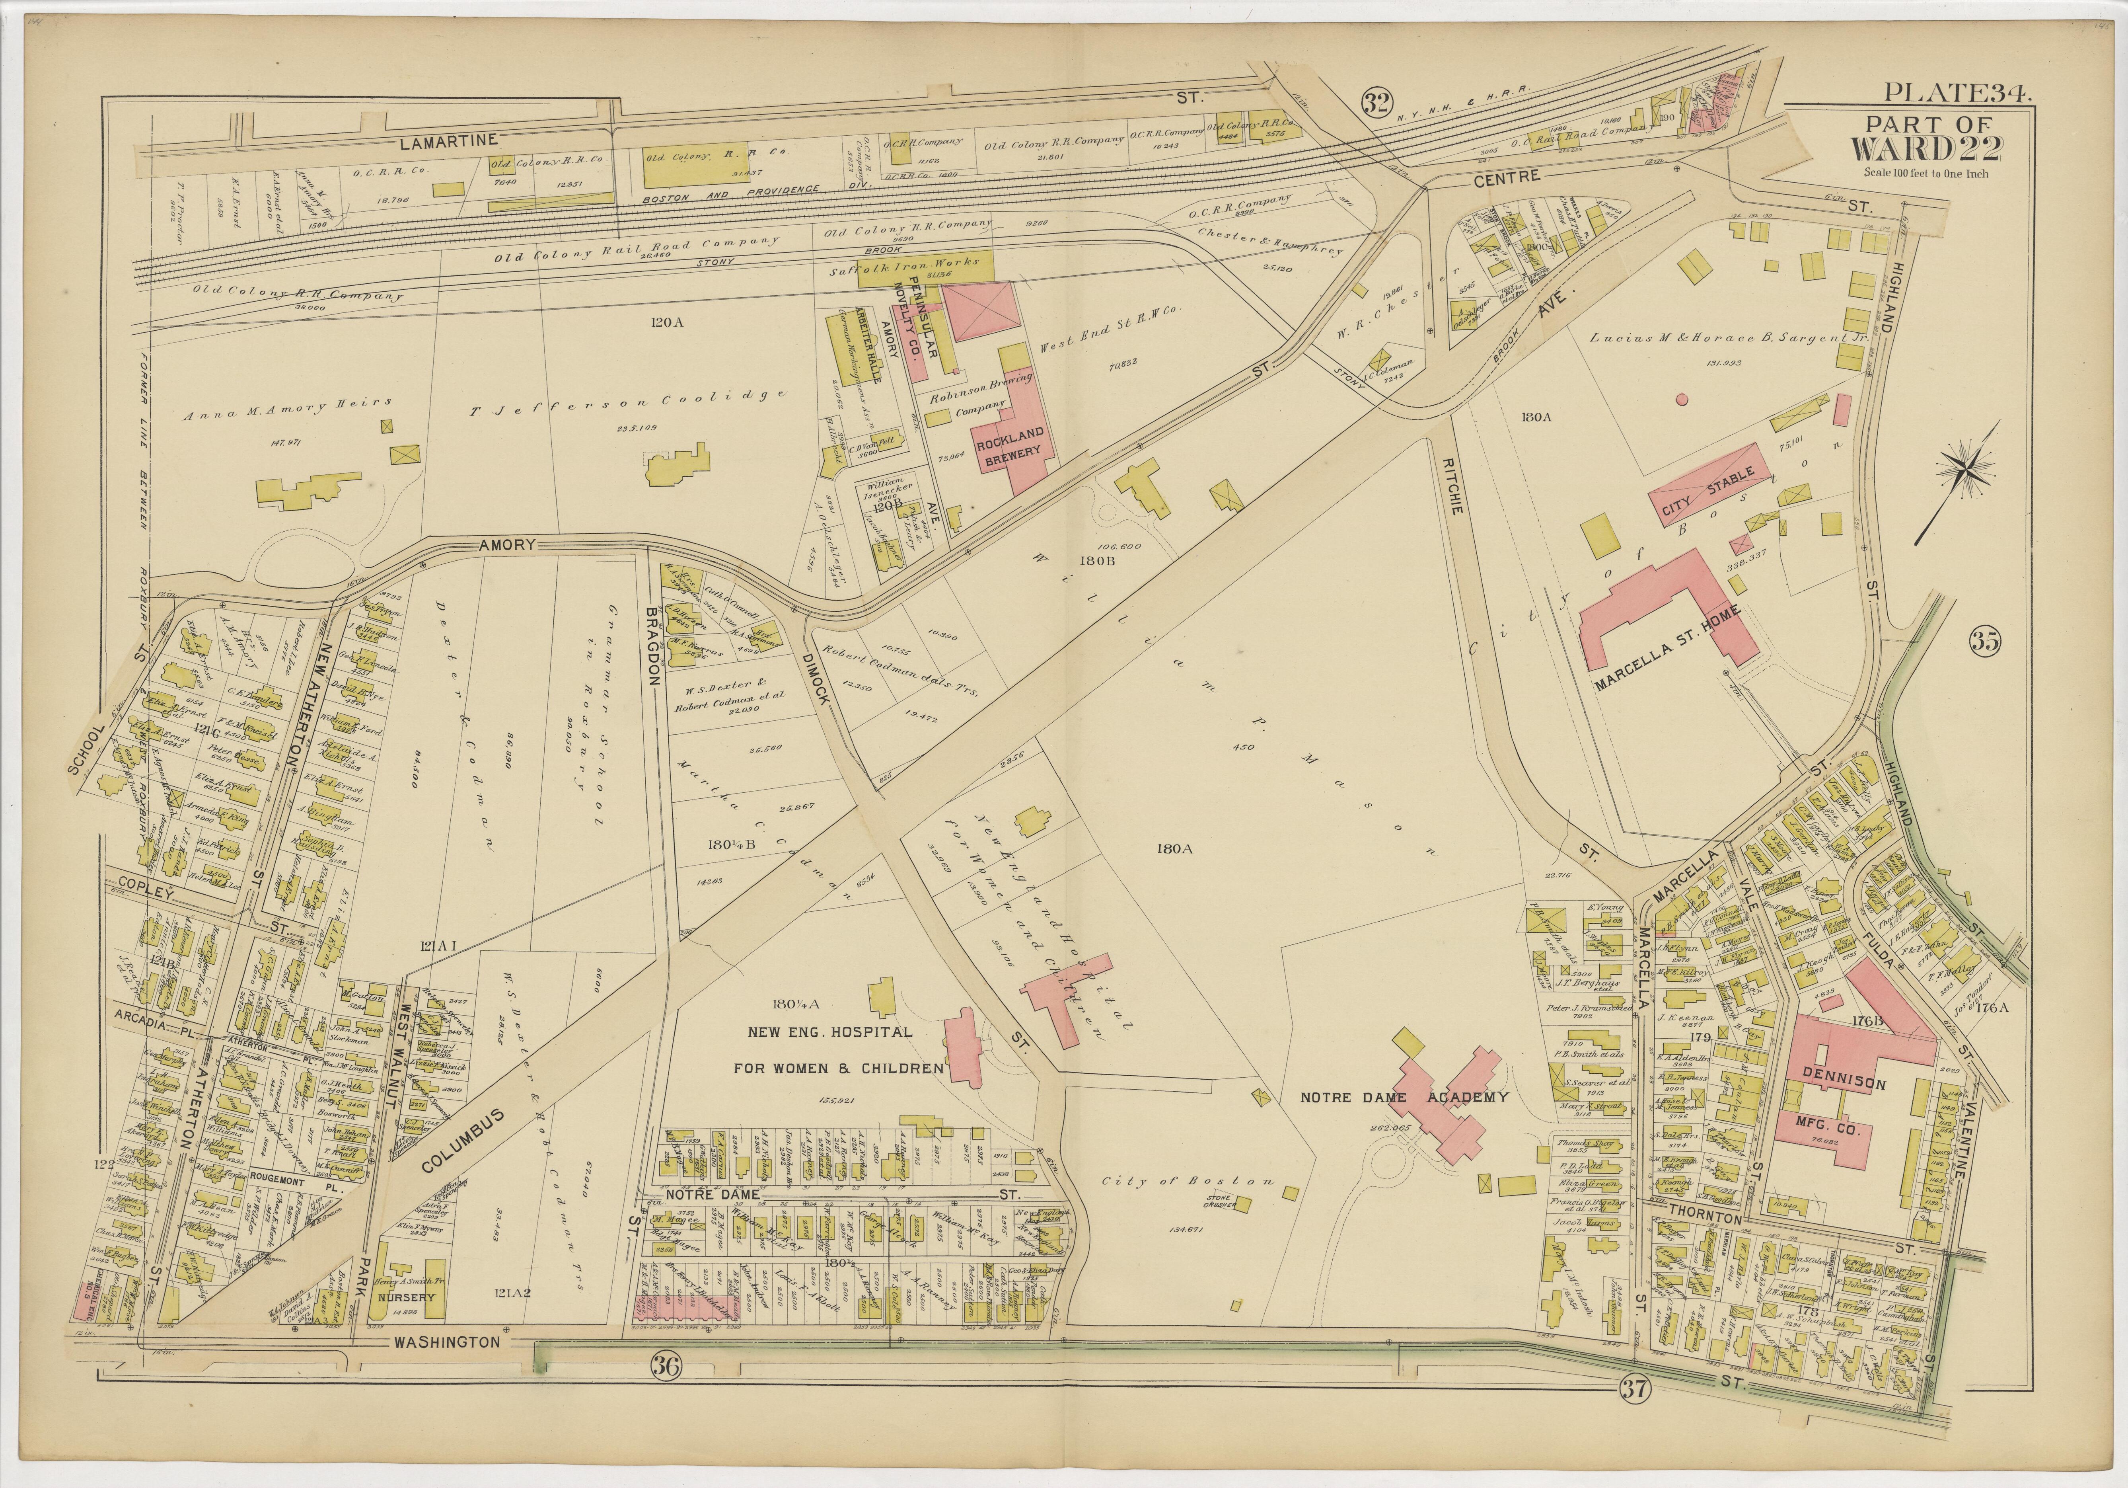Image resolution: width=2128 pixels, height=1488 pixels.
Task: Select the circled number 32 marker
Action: pyautogui.click(x=1377, y=102)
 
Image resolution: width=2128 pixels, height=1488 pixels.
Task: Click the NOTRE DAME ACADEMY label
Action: pyautogui.click(x=1404, y=1098)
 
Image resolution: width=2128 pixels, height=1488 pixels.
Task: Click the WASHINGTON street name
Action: pyautogui.click(x=447, y=1342)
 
